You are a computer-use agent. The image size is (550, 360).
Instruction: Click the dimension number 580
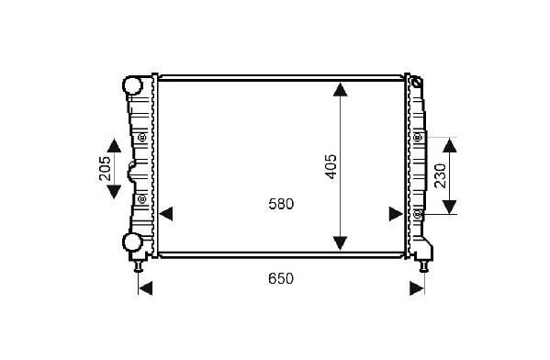(x=281, y=204)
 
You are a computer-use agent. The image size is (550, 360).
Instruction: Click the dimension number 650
(x=281, y=279)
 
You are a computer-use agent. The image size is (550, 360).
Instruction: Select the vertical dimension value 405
(x=331, y=166)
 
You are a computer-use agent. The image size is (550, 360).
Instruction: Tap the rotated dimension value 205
(x=105, y=168)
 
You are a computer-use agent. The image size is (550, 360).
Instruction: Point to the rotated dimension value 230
(x=440, y=175)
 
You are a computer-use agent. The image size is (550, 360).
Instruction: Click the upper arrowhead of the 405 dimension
(x=341, y=89)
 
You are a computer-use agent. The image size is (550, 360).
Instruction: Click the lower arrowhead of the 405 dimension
(x=341, y=243)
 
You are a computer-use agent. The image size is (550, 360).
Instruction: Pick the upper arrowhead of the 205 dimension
(x=114, y=145)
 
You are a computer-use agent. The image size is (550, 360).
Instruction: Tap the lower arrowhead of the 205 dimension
(x=114, y=192)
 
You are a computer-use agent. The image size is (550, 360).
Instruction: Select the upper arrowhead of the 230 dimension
(x=450, y=145)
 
